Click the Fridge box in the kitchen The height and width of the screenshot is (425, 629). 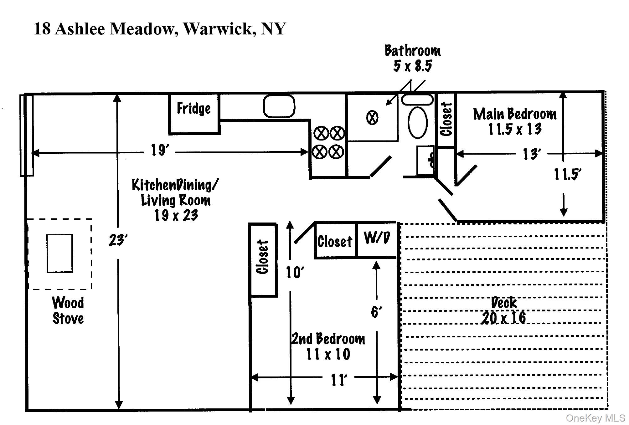(x=194, y=114)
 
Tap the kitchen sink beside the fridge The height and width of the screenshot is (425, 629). (x=279, y=106)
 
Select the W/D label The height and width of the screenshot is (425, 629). (x=377, y=238)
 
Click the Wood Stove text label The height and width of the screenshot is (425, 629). (x=68, y=311)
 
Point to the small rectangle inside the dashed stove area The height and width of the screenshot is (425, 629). (x=60, y=253)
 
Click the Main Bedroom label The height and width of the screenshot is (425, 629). (x=515, y=121)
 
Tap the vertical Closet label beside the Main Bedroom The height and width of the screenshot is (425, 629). (x=446, y=120)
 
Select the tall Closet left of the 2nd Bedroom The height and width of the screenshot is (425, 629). (x=263, y=259)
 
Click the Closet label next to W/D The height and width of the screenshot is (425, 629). (x=335, y=242)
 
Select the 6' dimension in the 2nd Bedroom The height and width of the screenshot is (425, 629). (x=376, y=312)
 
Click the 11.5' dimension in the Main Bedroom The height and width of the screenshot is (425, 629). (x=567, y=174)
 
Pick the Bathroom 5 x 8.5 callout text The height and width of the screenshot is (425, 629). (x=413, y=59)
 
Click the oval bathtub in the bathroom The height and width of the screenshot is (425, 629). (x=418, y=122)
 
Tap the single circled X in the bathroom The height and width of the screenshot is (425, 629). (x=372, y=118)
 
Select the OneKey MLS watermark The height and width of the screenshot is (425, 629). (x=595, y=418)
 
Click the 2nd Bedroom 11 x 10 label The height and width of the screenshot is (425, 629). (x=328, y=346)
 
